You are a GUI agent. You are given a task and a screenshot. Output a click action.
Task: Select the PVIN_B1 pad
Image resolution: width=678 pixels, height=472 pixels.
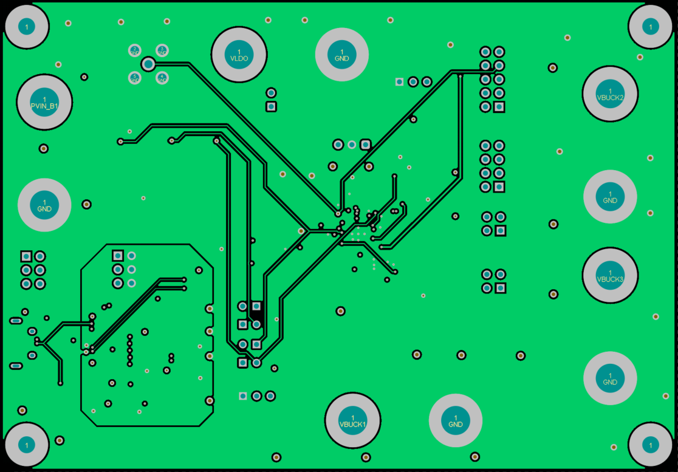[44, 102]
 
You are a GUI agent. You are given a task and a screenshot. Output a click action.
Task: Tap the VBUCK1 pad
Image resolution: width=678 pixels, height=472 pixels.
[353, 420]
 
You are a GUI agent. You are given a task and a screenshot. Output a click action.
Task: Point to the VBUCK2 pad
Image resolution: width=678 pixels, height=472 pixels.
[610, 94]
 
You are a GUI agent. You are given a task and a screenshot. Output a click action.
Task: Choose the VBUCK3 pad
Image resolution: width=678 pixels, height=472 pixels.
[610, 275]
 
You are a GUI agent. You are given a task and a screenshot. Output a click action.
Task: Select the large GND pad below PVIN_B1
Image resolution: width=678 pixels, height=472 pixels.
[44, 205]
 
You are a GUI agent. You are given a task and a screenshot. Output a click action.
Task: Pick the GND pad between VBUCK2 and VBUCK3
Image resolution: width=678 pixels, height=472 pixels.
[610, 196]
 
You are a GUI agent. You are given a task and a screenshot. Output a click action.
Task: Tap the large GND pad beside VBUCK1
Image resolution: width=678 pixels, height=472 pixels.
[456, 420]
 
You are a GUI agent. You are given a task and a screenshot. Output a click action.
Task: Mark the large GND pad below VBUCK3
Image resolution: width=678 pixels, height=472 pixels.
[610, 378]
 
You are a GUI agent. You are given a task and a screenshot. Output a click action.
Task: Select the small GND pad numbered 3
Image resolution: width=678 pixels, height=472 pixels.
[162, 50]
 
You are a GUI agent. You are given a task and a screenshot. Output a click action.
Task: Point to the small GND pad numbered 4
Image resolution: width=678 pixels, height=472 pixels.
[162, 77]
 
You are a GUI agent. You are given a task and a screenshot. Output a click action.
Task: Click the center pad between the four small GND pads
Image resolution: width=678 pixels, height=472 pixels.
[148, 64]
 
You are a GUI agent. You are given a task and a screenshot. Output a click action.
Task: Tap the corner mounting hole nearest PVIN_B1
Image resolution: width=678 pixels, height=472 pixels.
[26, 26]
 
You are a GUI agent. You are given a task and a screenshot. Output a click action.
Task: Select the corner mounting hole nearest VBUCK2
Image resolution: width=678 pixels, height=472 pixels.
[651, 26]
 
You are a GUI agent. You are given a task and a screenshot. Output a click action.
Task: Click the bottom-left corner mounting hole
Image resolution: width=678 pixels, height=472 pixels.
[26, 445]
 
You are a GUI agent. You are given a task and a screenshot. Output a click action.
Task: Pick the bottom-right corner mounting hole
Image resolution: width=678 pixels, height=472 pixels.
[651, 445]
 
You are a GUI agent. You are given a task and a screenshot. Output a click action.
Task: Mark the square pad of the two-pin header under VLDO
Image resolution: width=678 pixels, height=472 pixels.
[272, 107]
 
